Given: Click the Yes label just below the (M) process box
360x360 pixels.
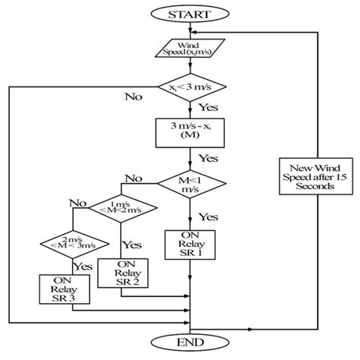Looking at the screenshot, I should (x=207, y=159).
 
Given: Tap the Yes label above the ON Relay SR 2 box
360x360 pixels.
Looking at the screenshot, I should (x=131, y=245).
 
